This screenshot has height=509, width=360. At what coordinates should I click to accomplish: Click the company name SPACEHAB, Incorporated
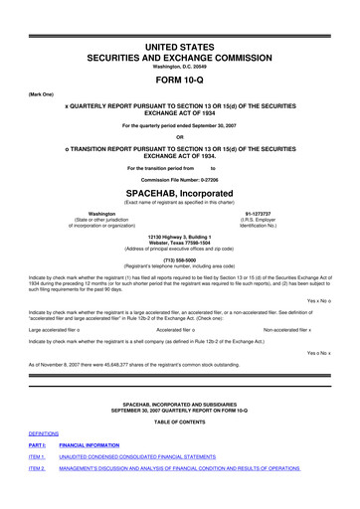click(x=179, y=191)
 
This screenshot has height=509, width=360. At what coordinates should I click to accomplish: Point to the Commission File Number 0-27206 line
click(x=179, y=178)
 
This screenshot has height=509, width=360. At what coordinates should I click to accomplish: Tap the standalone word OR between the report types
click(x=179, y=137)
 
